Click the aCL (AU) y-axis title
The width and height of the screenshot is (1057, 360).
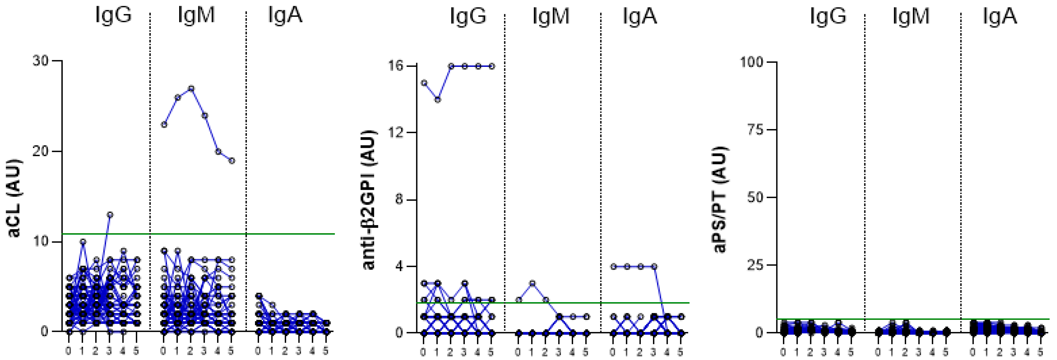click(x=14, y=198)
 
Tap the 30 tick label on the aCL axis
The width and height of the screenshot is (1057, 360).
click(x=40, y=61)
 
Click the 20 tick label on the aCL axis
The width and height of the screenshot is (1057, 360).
click(x=40, y=151)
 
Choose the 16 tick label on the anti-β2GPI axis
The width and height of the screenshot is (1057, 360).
click(x=396, y=66)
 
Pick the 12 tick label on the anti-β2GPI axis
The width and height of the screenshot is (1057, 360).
click(x=396, y=133)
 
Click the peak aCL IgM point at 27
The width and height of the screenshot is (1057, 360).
click(x=191, y=88)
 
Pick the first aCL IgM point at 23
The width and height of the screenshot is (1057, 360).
click(x=164, y=124)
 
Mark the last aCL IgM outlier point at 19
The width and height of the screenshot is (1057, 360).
click(x=232, y=161)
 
